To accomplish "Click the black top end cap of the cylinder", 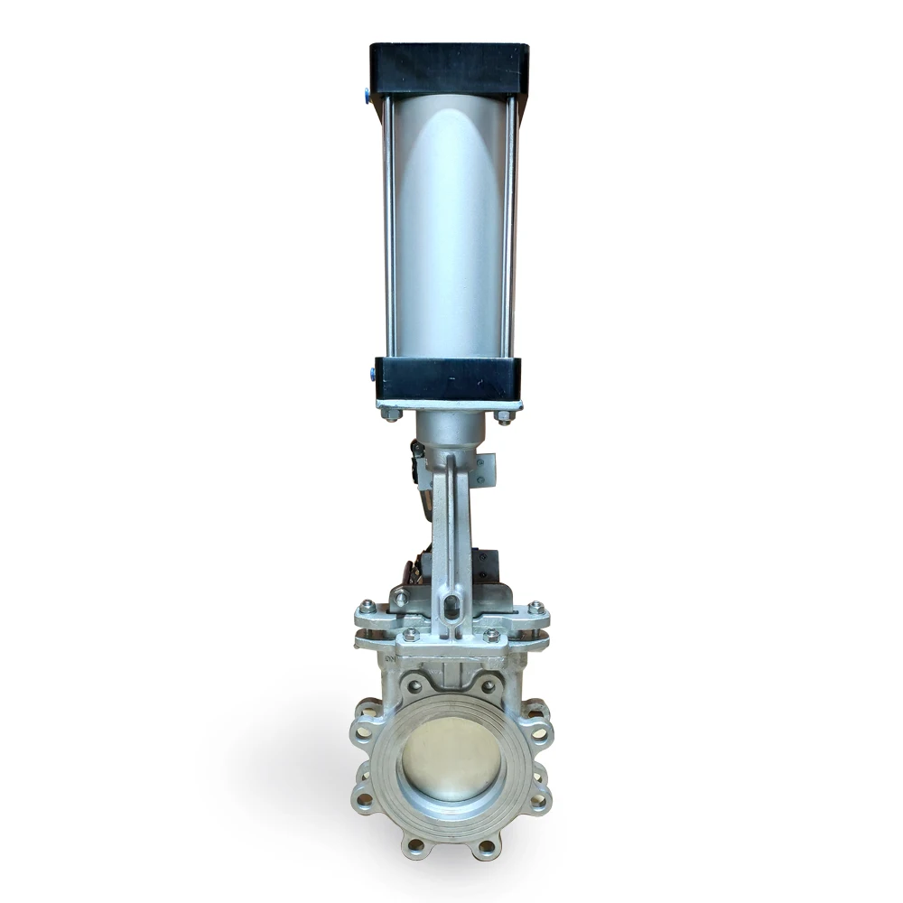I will (x=449, y=68).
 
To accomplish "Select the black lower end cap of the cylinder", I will (x=449, y=377).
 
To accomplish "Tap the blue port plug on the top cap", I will (x=367, y=92).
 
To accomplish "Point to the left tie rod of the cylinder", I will (x=388, y=226).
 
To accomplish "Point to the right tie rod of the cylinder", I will (x=511, y=226).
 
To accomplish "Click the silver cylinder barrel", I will (x=450, y=226).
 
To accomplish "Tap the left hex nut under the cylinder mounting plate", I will (x=392, y=414).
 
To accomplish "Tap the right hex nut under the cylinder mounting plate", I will (x=504, y=416).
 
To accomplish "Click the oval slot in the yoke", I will (x=452, y=602).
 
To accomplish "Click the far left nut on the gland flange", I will (x=367, y=608).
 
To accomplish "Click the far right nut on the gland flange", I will (x=535, y=608).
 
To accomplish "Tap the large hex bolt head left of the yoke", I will (x=401, y=597).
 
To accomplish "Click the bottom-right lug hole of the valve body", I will (x=488, y=846).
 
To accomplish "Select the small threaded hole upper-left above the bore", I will (x=414, y=687).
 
